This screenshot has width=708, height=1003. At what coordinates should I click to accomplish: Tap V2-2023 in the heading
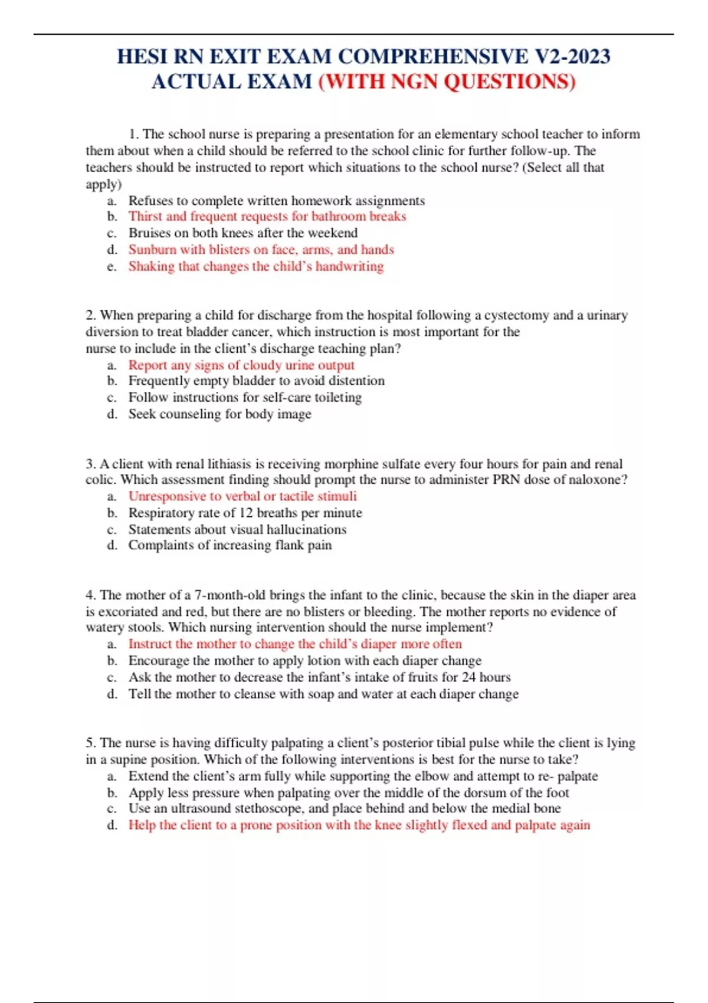coord(572,57)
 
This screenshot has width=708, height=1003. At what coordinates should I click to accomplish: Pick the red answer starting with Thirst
coord(267,217)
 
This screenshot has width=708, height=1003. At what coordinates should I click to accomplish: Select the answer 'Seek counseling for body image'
coord(219,414)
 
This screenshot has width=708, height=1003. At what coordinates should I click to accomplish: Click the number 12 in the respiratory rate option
coord(245,513)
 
